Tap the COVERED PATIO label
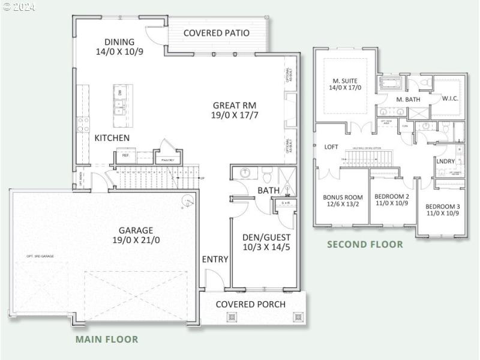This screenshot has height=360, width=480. click(x=216, y=33)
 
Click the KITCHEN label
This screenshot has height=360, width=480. click(x=112, y=138)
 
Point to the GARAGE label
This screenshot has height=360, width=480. click(x=136, y=230)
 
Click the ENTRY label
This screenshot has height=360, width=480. click(x=215, y=259)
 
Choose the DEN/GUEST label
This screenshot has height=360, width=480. click(x=266, y=236)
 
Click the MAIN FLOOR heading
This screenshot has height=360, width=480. click(x=106, y=339)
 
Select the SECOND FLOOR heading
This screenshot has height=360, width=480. click(x=364, y=244)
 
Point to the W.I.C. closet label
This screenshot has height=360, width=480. click(x=450, y=98)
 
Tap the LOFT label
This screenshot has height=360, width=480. click(x=331, y=146)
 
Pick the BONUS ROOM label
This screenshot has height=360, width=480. click(x=343, y=197)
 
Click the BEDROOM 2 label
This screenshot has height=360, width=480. click(x=391, y=197)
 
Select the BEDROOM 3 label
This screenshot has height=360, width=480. click(x=443, y=206)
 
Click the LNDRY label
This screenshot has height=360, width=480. click(x=445, y=161)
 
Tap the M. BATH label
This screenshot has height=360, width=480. click(x=407, y=99)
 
